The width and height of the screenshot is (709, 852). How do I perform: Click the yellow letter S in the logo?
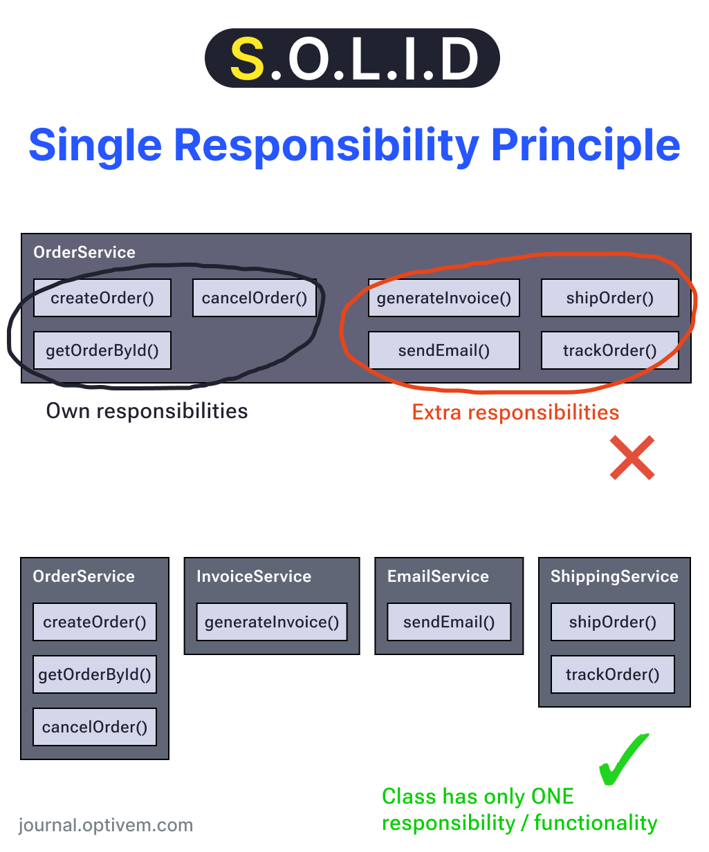coord(247,59)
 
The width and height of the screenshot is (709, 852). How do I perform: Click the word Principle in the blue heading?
coord(585,145)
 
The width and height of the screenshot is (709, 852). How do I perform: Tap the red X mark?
coord(632,457)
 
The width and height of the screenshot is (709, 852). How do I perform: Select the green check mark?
coord(623,760)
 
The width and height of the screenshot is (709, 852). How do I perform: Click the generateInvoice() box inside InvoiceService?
coord(272,622)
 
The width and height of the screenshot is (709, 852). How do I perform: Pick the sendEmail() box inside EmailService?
coord(449,622)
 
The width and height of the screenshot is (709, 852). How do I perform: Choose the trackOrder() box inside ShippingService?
coord(612,674)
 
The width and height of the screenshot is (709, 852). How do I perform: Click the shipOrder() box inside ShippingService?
coord(612,622)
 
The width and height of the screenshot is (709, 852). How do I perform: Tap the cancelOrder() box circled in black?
coord(254,298)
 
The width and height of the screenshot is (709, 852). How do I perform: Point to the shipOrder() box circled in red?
coord(609,298)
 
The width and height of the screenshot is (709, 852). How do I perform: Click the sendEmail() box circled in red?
coord(443,350)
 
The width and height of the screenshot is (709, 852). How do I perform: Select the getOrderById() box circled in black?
coord(102,350)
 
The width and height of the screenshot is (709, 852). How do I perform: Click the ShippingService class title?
coord(614,576)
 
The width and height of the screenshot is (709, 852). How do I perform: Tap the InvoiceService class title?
coord(254,576)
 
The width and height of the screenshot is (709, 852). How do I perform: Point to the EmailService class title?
coord(438,576)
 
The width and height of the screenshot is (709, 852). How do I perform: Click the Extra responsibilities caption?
coord(515,413)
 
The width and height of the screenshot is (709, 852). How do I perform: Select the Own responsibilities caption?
coord(147,411)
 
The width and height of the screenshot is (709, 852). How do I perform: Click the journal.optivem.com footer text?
coord(106,825)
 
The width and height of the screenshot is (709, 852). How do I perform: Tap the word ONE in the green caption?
coord(552,797)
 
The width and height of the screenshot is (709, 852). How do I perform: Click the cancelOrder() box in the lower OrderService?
coord(95,727)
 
